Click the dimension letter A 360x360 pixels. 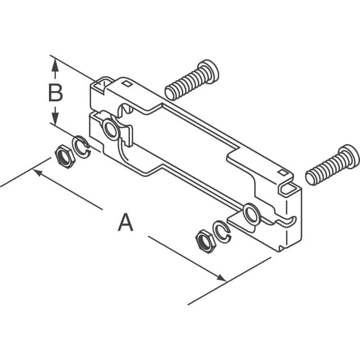125,222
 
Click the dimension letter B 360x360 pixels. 55,93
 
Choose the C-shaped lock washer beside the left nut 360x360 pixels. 82,147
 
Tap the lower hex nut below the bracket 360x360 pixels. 202,240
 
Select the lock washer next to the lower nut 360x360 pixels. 222,231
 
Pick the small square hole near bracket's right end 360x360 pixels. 279,169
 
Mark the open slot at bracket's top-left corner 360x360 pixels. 102,85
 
